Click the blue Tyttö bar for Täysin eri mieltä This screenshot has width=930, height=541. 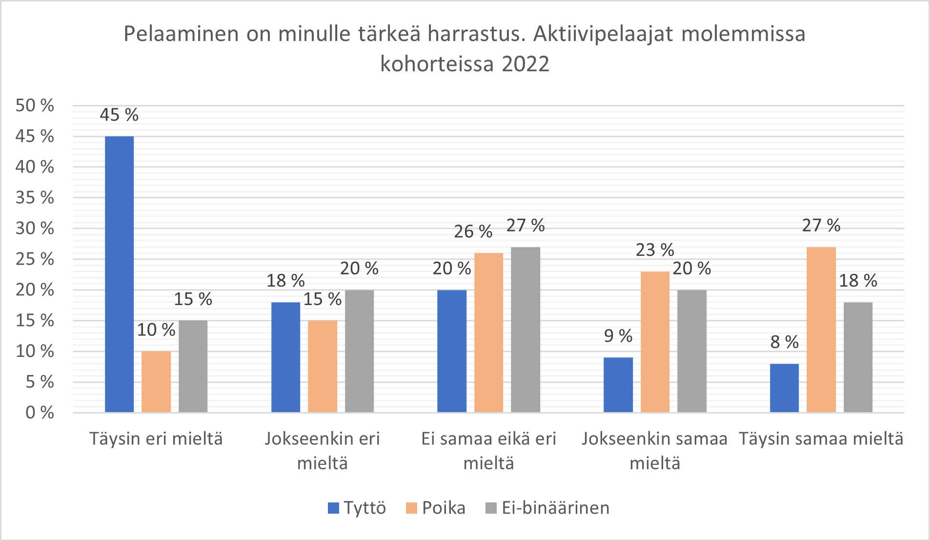119,274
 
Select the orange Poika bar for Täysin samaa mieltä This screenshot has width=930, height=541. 821,330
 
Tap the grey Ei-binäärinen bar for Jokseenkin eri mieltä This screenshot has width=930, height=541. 359,351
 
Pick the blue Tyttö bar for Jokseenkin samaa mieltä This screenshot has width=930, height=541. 618,385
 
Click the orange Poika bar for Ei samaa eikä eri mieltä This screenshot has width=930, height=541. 488,333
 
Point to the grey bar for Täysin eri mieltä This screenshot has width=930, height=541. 193,366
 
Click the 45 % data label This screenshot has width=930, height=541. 119,115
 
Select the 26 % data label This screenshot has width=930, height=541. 473,231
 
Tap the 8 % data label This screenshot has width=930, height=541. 784,342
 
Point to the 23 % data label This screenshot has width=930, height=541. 654,250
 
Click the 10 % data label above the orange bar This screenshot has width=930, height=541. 156,330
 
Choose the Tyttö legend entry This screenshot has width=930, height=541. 357,508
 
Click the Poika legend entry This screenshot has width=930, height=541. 436,508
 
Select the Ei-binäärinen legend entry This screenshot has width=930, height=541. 547,508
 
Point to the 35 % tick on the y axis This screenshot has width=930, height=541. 34,197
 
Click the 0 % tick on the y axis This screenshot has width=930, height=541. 39,413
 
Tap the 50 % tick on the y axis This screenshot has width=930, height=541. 34,105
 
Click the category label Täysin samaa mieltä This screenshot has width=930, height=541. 821,438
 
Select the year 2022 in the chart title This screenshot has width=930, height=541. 525,64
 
